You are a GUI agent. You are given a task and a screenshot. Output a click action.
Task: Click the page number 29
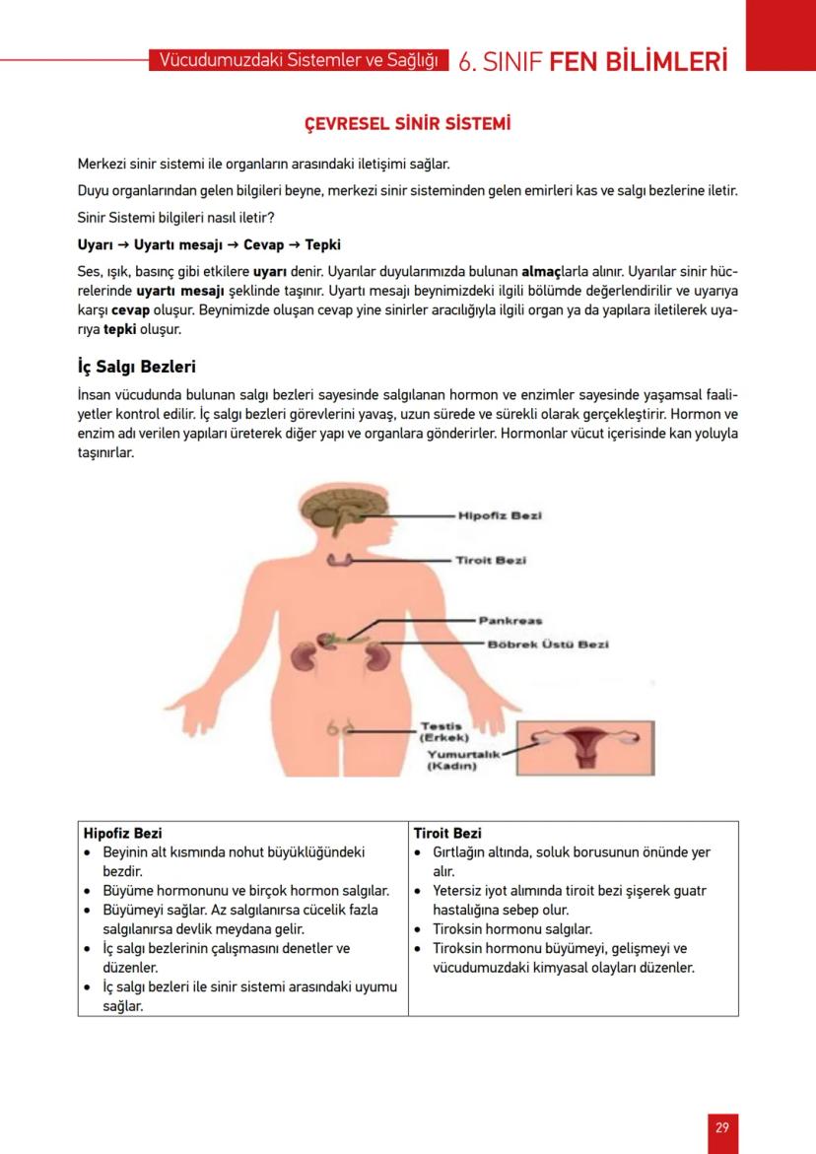tap(722, 1127)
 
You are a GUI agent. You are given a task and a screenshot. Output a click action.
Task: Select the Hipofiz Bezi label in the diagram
tap(501, 515)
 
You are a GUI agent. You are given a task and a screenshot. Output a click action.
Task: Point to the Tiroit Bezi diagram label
tap(490, 560)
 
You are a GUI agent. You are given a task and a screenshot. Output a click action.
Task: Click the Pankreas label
tap(510, 621)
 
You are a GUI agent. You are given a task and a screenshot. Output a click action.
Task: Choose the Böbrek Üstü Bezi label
tap(548, 645)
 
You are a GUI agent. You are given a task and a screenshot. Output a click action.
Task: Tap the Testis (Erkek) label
tap(444, 731)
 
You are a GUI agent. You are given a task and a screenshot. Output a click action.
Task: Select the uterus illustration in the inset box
tap(584, 746)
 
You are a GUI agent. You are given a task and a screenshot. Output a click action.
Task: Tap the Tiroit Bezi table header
tap(447, 833)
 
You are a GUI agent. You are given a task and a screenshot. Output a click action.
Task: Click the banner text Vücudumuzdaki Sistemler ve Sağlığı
tap(299, 61)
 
